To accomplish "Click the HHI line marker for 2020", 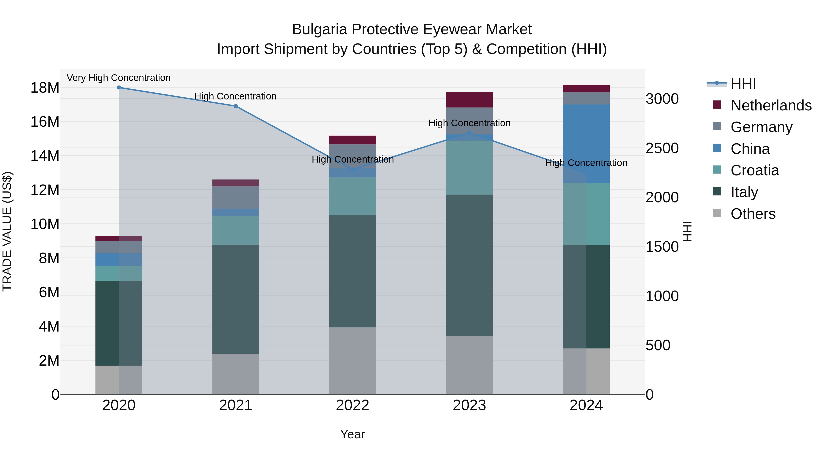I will (119, 87).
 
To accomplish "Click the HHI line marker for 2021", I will (236, 106).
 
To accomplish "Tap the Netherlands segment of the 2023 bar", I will (469, 99).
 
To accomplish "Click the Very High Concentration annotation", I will (119, 78).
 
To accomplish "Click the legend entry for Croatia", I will (755, 170).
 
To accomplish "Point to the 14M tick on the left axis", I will (45, 156).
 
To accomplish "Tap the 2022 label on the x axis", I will (352, 405).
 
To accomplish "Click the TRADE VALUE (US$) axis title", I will (7, 231).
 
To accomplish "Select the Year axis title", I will (352, 434).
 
